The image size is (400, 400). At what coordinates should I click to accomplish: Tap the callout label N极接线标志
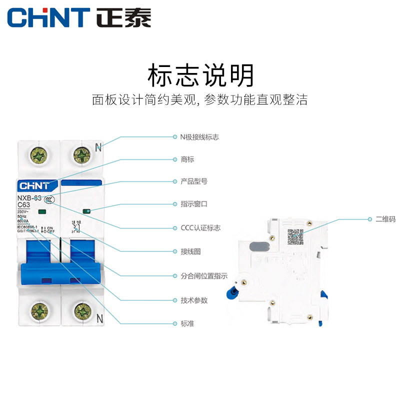coord(199,137)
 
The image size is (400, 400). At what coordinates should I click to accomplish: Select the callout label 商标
coord(187,159)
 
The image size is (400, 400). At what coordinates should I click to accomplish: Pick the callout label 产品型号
coord(193,181)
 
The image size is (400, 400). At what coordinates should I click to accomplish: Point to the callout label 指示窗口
coord(193,204)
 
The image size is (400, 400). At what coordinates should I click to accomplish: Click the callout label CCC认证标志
coord(200,228)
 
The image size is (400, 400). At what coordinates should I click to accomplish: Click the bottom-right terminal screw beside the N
coord(82,311)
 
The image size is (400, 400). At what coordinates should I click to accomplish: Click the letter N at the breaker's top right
coord(98,147)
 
